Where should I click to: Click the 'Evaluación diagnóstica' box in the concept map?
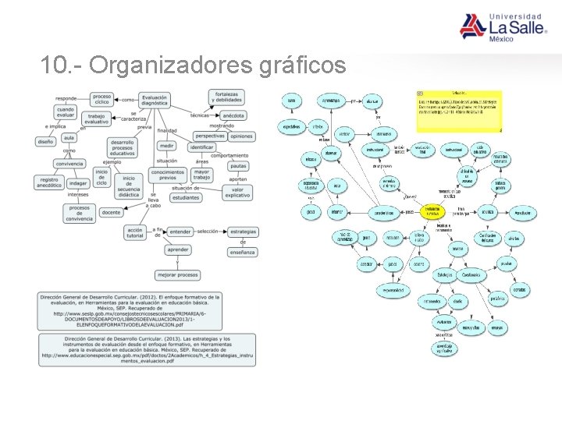pos(155,99)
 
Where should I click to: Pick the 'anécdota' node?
pos(233,115)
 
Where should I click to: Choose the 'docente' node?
pos(111,211)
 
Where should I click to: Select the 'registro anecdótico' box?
pos(49,182)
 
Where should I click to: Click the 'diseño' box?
pos(44,141)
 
